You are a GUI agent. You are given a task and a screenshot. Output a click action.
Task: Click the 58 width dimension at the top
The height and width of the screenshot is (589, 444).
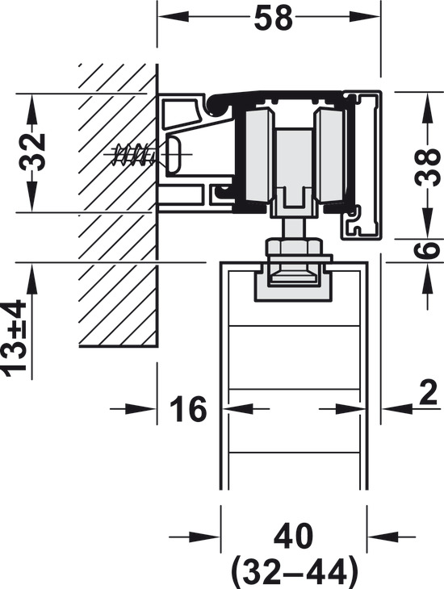click(x=273, y=18)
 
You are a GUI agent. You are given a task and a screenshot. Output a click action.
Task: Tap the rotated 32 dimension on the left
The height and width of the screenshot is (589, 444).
click(x=33, y=152)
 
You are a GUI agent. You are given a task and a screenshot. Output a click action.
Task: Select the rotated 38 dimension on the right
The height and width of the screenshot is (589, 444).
click(x=428, y=167)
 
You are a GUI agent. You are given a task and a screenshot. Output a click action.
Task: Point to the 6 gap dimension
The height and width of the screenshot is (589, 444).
click(x=428, y=250)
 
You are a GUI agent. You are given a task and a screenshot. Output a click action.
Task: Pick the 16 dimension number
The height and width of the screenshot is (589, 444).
click(x=188, y=409)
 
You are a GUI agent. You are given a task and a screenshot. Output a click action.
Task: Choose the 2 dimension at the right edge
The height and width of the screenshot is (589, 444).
click(x=428, y=393)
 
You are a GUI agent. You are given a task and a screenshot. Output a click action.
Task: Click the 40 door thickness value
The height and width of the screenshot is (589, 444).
click(x=293, y=537)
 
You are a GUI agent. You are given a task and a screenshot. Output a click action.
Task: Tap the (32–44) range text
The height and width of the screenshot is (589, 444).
click(x=294, y=573)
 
